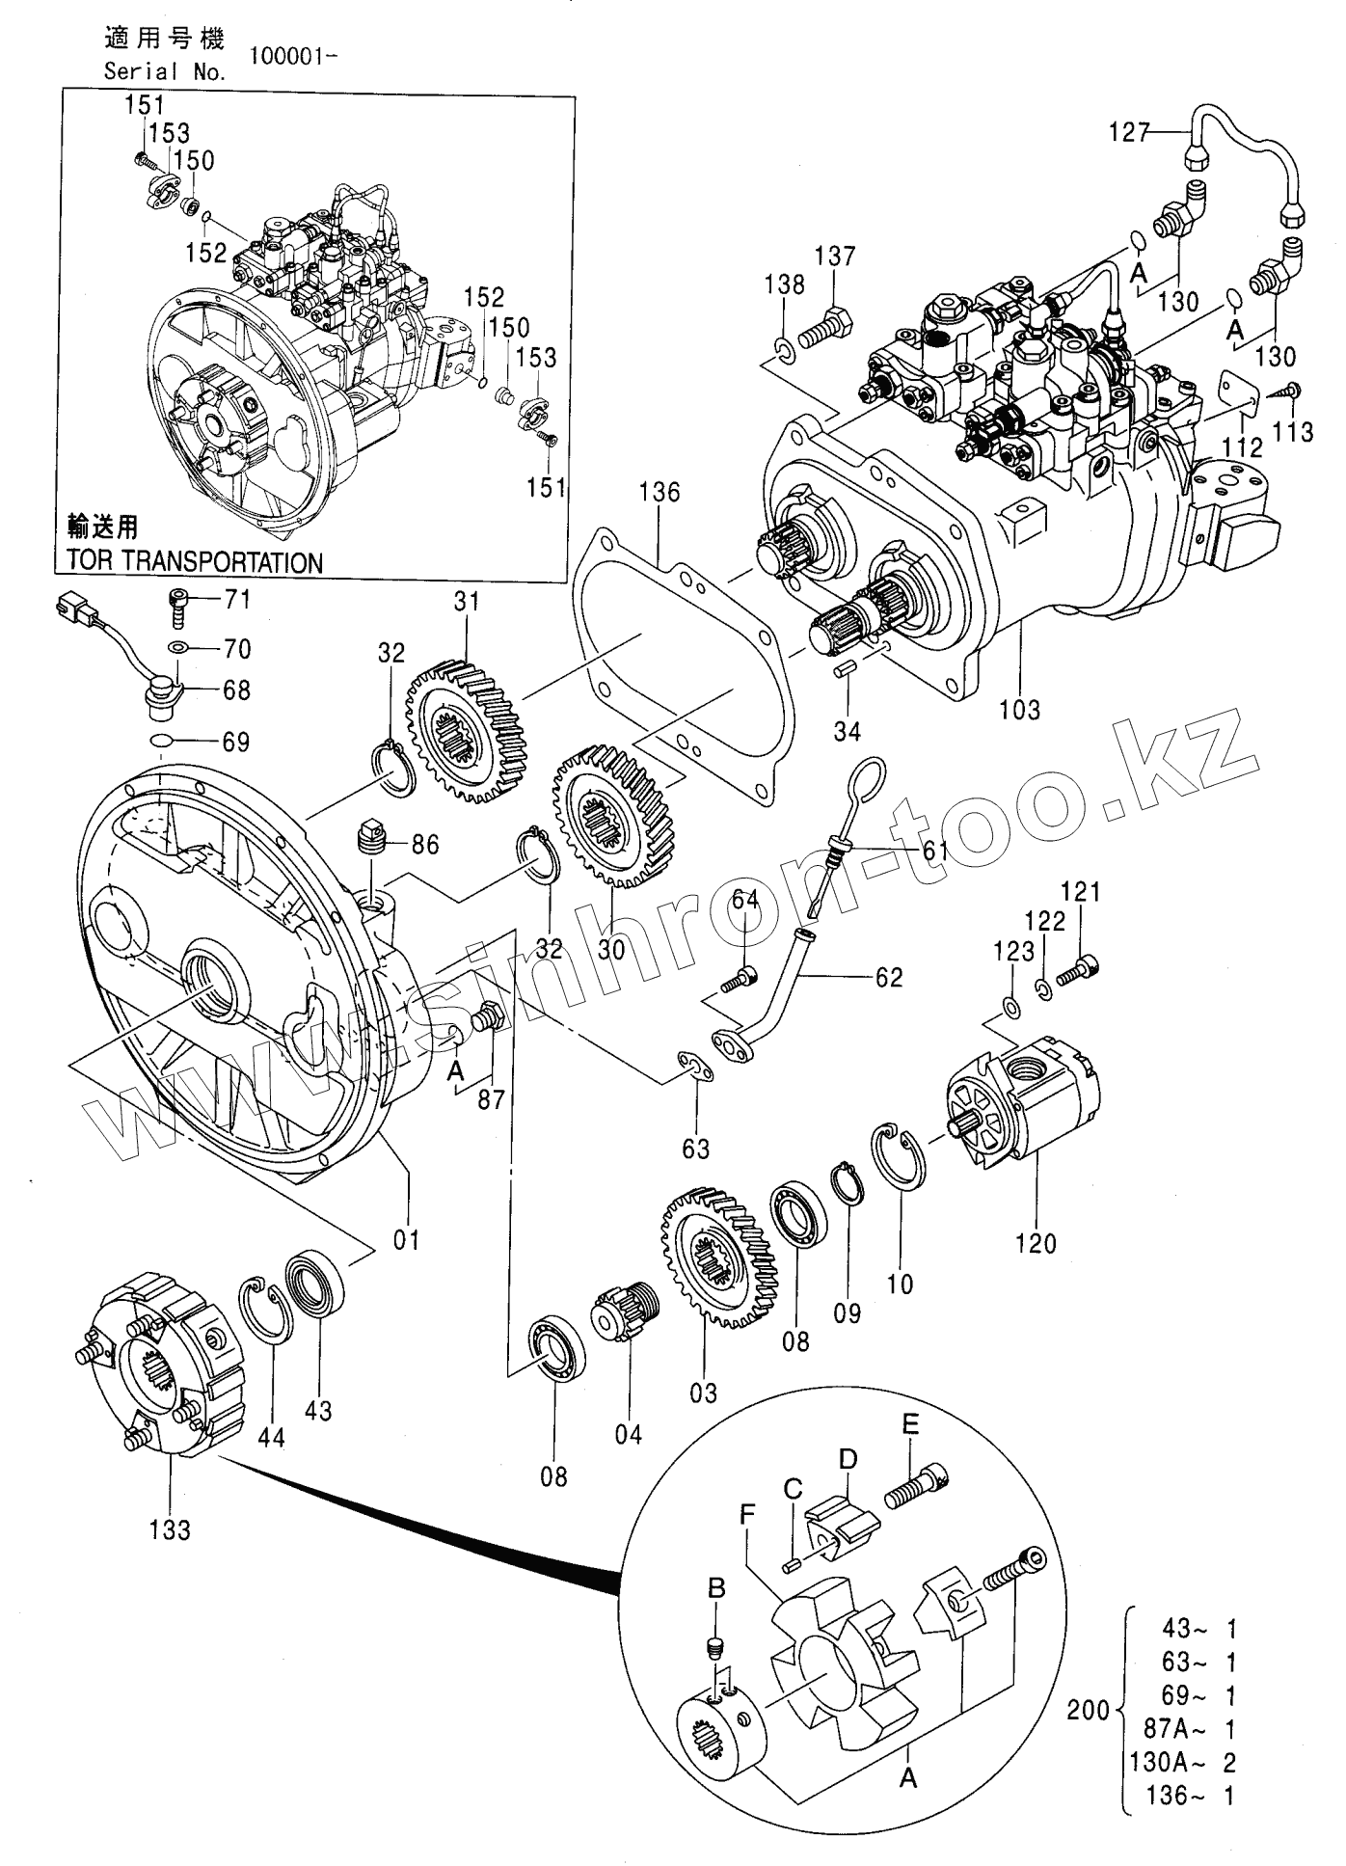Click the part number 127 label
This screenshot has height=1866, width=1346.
1129,131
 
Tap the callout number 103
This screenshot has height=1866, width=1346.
1019,710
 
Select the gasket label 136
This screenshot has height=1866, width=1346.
659,492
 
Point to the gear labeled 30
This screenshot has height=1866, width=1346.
614,816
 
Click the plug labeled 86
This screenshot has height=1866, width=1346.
371,837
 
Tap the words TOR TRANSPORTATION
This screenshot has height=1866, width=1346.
194,562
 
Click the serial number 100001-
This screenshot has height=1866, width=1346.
293,56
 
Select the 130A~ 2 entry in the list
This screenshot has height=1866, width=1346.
1183,1763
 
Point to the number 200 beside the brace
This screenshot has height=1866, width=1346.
1089,1711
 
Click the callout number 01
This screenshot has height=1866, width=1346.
407,1238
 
